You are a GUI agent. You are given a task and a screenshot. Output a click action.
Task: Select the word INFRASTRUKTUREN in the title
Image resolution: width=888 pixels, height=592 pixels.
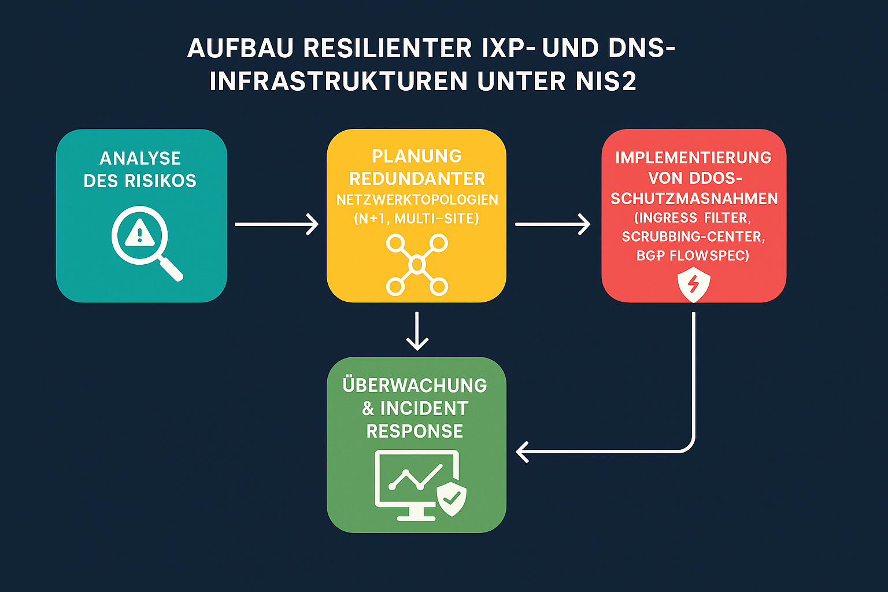339,82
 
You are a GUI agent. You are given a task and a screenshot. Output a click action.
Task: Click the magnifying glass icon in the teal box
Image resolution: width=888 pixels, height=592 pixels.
145,242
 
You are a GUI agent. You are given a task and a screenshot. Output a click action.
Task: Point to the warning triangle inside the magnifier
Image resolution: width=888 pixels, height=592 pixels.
139,233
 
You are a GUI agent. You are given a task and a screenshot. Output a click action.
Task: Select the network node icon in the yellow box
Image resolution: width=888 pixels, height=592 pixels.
417,265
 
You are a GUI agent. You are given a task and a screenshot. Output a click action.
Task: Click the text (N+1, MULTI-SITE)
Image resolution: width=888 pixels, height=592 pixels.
416,219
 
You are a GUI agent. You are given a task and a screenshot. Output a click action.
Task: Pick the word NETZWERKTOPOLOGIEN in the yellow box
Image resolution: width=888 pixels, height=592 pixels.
417,200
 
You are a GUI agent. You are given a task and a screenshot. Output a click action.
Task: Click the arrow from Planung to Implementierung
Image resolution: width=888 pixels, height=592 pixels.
552,224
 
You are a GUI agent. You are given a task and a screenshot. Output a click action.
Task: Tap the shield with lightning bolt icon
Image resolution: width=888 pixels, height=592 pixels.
693,285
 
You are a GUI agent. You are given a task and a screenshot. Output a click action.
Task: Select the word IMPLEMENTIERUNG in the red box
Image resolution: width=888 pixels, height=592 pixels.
693,158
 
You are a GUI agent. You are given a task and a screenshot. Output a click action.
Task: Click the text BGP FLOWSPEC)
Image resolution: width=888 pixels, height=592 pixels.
693,256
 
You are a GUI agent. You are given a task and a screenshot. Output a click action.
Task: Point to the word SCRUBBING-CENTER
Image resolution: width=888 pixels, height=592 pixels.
693,236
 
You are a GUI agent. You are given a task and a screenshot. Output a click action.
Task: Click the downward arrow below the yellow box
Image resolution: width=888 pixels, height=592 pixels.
417,332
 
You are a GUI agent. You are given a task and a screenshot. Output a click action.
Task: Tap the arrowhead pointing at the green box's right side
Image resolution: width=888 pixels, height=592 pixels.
522,452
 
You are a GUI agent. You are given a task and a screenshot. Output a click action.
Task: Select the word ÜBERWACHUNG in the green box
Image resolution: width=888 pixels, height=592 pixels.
415,385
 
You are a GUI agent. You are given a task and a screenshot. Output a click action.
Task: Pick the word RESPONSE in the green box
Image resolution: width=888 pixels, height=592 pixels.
415,431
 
